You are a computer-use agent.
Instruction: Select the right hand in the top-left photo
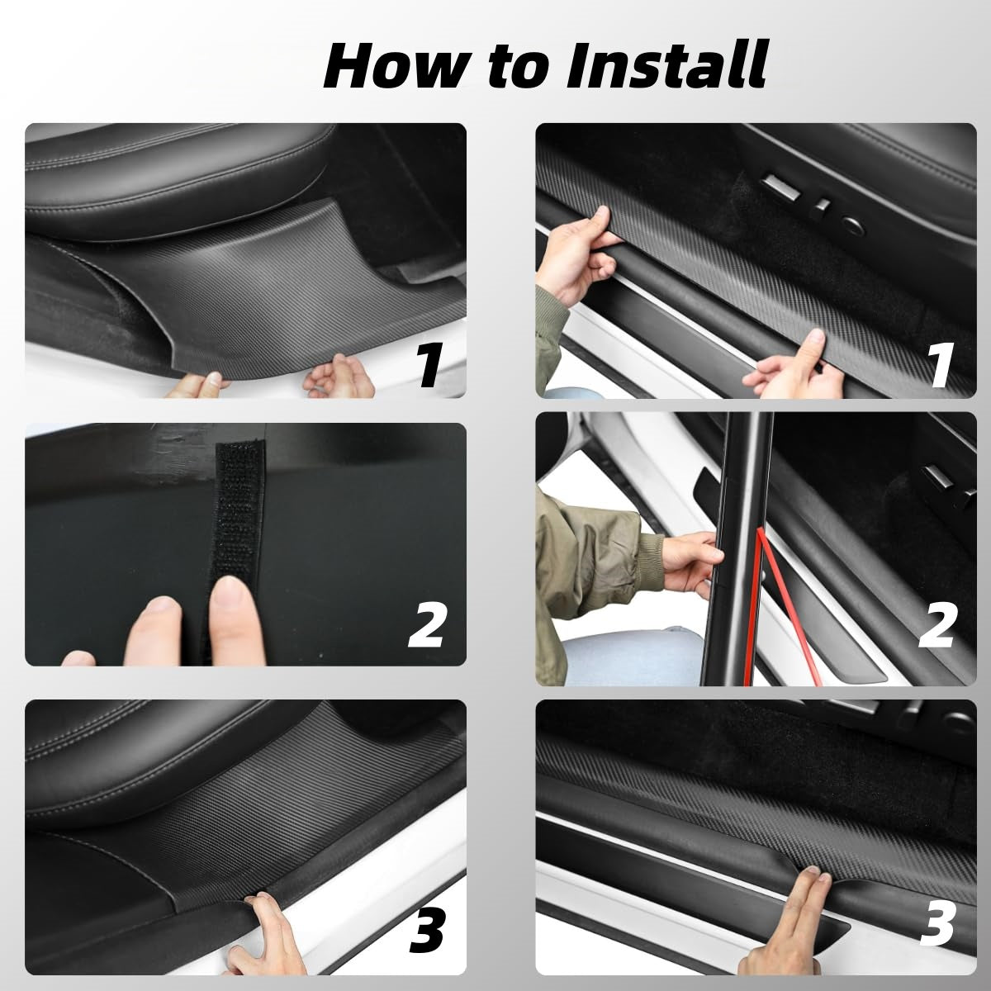tap(334, 380)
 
